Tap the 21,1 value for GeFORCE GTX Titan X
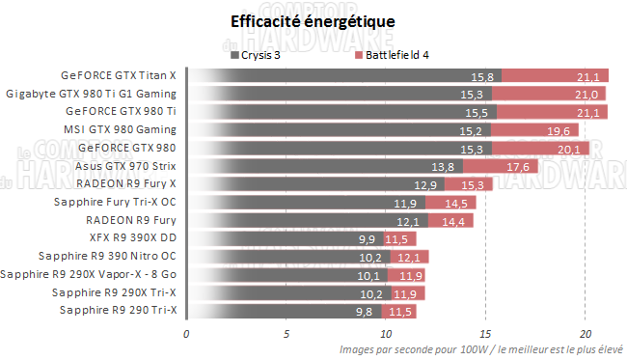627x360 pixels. click(x=586, y=76)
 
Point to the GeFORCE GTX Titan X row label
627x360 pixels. click(x=119, y=75)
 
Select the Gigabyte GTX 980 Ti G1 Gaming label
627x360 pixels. click(x=92, y=94)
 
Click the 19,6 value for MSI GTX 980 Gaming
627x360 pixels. click(x=559, y=130)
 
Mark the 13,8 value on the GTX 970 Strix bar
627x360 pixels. click(x=444, y=167)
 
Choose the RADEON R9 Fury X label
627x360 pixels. click(x=126, y=183)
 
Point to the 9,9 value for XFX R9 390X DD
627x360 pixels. click(x=367, y=238)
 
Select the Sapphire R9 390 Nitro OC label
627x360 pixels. click(x=107, y=256)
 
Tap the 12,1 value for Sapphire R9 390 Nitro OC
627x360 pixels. click(x=409, y=257)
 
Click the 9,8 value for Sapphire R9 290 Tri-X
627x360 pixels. click(x=364, y=311)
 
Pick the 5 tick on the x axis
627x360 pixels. click(x=286, y=335)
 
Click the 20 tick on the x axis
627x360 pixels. click(x=585, y=335)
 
